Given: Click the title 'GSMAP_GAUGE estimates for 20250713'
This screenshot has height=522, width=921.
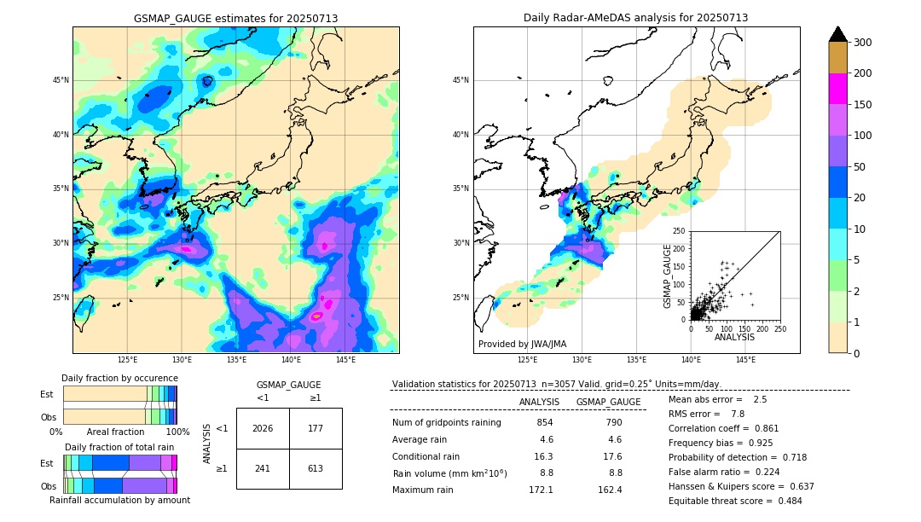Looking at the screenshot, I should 235,18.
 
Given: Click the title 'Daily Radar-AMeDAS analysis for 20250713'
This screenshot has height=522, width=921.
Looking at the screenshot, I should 635,18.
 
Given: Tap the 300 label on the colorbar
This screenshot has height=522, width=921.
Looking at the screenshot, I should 862,43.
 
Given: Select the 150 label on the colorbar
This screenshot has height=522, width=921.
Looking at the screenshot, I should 862,105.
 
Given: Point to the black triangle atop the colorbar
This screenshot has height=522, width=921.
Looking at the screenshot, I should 838,34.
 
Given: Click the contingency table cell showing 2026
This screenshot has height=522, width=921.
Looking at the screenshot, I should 263,428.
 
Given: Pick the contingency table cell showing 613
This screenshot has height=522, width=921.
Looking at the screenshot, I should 316,468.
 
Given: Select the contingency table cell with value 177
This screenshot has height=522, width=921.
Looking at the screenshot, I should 316,428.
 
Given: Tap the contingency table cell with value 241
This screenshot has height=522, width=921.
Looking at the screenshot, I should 263,468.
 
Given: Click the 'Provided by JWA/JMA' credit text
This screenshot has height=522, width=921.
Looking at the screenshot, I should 522,345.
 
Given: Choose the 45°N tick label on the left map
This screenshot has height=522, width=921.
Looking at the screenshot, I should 61,80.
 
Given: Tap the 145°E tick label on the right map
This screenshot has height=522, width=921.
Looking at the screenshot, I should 745,360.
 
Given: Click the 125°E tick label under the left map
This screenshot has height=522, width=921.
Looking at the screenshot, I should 127,360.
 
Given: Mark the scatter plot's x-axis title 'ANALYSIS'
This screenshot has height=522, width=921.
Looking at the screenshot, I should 734,338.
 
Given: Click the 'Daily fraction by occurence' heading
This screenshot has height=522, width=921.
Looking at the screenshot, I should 119,379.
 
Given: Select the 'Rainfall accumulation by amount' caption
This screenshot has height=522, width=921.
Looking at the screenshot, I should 119,501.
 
